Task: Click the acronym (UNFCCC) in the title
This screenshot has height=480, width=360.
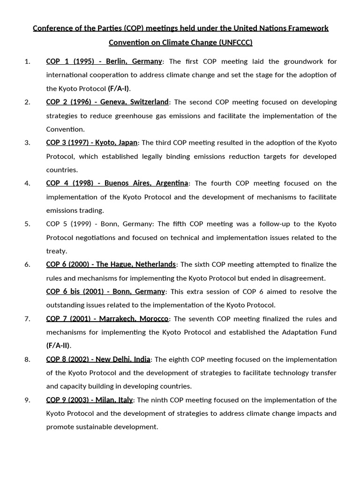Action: coord(235,43)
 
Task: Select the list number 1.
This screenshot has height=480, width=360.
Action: coord(27,61)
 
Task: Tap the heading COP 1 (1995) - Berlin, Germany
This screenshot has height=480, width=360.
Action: coord(104,61)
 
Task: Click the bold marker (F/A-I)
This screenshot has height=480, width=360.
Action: coord(119,89)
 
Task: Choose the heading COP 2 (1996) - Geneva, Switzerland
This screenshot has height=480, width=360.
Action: coord(107,102)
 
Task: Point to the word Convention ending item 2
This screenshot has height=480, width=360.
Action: coord(65,129)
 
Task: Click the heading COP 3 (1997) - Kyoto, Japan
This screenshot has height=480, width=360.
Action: coord(92,143)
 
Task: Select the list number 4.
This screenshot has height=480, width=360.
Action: coord(27,183)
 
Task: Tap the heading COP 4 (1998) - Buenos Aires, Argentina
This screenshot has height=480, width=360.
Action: coord(117,183)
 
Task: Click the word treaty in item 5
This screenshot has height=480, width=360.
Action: coord(56,251)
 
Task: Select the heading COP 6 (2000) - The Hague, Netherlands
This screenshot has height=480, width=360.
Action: coord(111,264)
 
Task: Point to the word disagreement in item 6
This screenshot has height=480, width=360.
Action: coord(301,278)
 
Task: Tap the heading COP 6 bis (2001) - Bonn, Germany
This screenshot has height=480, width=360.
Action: coord(105,292)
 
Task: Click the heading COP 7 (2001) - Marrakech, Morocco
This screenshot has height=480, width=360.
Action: coord(107,319)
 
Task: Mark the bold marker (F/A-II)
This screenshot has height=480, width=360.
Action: coord(58,346)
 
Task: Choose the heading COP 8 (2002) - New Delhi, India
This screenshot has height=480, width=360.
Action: coord(98,360)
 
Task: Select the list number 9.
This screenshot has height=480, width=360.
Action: coord(27,400)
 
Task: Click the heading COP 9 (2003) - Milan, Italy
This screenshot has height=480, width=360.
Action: coord(90,400)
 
